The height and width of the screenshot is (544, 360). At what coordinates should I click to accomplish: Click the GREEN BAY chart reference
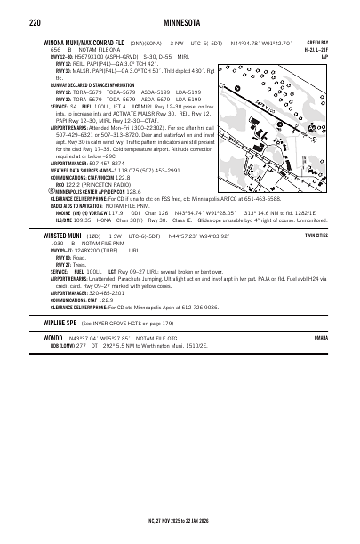point(340,41)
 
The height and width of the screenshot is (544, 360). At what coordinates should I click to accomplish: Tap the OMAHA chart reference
point(346,364)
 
